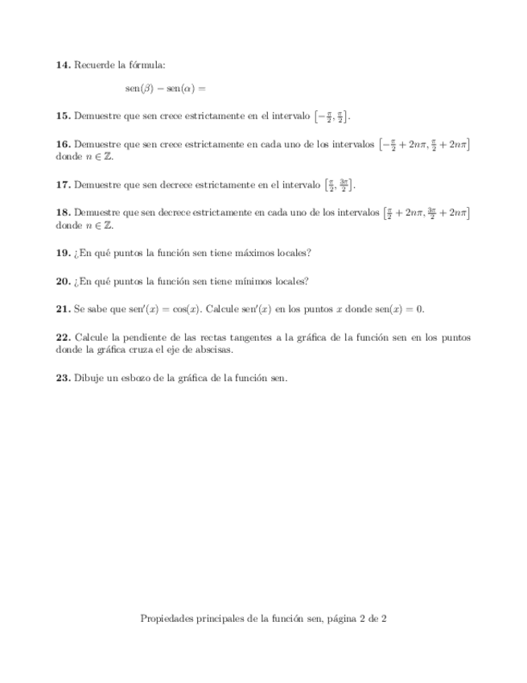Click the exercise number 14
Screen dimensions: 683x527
pos(63,64)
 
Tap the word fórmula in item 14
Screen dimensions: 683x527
pos(149,64)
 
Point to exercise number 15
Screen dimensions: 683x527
pos(63,117)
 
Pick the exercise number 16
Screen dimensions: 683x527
pos(63,145)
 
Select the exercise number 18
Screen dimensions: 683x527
pos(63,213)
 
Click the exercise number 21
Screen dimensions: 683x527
pos(63,309)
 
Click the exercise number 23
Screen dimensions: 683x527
pos(63,377)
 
